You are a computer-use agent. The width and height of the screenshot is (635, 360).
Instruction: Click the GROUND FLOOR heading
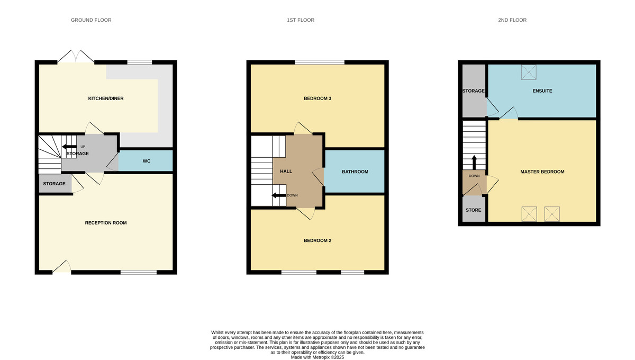pos(91,20)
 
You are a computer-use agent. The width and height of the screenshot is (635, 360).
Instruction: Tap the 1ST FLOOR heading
pos(301,20)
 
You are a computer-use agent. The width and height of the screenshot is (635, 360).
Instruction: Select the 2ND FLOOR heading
pos(512,20)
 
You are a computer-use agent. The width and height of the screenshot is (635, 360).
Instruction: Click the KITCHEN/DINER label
pos(106,98)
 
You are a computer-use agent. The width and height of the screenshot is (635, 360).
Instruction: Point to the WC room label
pos(147,160)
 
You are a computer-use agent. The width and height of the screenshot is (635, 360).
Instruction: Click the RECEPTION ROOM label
pos(106,223)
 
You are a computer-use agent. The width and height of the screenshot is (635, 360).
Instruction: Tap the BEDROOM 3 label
pos(317,98)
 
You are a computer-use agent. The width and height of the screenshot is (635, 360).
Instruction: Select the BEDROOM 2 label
pos(317,240)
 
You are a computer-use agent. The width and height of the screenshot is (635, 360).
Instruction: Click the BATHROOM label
pos(355,172)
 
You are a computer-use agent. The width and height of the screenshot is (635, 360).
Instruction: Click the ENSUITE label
pos(542,91)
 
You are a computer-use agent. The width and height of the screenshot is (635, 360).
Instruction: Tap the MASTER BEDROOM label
pos(542,172)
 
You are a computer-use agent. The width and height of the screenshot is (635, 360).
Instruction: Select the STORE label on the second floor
pos(473,210)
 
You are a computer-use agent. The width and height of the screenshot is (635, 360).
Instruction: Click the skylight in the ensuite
pos(529,72)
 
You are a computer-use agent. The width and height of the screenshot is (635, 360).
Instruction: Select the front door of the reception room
pos(61,266)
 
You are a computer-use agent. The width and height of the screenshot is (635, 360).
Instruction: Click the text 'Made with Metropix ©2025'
pos(317,357)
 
